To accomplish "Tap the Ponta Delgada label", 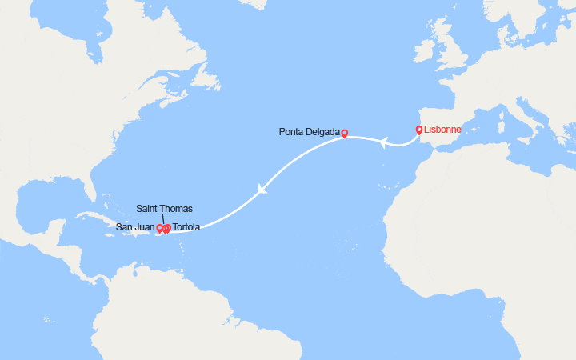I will pos(309,133).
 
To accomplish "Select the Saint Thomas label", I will pos(164,209).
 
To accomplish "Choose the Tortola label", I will pos(186,228).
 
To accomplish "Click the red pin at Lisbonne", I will pos(419,130).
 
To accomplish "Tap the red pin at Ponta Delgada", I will pos(345,134).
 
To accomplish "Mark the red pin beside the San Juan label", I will pos(160,229).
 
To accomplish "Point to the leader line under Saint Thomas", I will pos(164,220).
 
